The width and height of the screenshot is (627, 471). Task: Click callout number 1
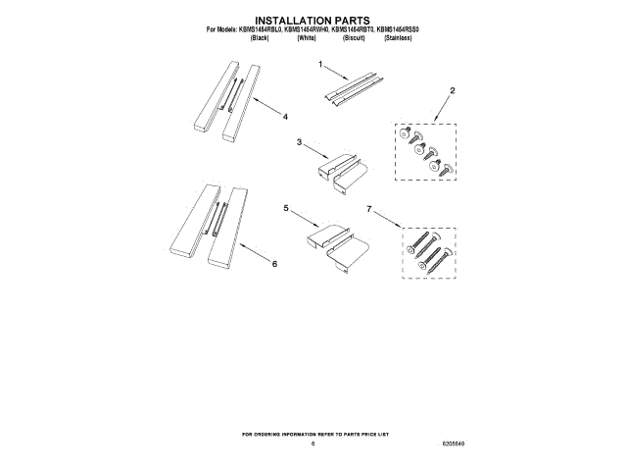(319, 64)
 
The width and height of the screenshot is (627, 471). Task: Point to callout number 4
(285, 118)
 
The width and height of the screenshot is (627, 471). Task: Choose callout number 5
(286, 209)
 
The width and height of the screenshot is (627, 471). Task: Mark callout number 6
(275, 263)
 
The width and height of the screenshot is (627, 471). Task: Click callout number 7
(368, 209)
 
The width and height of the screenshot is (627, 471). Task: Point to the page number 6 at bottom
(313, 444)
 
